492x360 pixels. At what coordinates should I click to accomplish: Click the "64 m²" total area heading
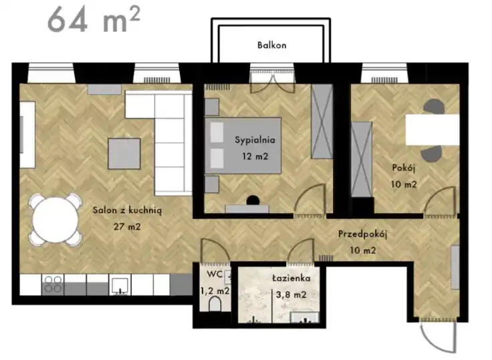coord(94,20)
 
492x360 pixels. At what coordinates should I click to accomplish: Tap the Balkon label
coord(271,45)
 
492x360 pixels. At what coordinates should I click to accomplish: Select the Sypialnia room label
coord(255,140)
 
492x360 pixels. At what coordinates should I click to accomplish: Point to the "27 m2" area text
coord(127,226)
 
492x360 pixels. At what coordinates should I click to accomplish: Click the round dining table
coord(55,220)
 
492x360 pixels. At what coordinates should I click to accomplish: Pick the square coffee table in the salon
coord(124,154)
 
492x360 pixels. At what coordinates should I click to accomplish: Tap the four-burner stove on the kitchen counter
coord(53,285)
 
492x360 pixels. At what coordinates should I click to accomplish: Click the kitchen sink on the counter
coord(120,285)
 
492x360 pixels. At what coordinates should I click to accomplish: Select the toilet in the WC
coord(215,304)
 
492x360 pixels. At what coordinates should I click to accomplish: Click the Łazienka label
coord(291,278)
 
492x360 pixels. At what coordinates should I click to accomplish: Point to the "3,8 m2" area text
coord(291,295)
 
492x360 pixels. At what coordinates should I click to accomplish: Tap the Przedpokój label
coord(362,234)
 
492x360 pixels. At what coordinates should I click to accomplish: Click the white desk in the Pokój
coord(433,130)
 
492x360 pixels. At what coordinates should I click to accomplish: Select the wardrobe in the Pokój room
coord(362,160)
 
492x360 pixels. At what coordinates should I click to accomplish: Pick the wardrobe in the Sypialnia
coord(322,121)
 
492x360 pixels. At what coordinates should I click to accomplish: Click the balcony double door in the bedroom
coord(272,82)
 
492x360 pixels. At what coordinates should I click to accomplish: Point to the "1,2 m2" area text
coord(215,291)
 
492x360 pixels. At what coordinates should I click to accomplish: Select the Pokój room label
coord(404,168)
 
